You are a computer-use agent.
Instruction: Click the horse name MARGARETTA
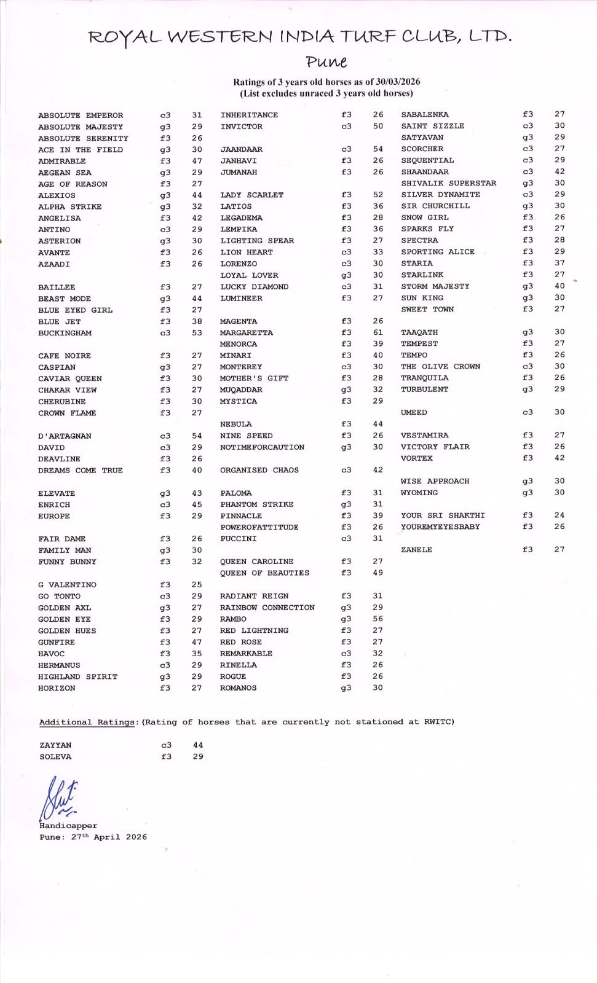[246, 332]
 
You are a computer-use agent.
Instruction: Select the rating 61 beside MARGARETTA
[378, 332]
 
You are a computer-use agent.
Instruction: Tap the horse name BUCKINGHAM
[65, 333]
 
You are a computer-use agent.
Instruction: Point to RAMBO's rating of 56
[378, 619]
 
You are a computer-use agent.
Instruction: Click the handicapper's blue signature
[59, 799]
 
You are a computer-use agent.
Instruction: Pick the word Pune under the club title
[326, 62]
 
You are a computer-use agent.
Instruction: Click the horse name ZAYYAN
[55, 745]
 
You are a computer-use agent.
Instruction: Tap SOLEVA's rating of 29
[198, 756]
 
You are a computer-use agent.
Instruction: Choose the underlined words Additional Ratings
[87, 722]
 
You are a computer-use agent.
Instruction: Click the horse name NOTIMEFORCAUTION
[262, 447]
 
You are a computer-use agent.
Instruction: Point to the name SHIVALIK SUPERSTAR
[448, 183]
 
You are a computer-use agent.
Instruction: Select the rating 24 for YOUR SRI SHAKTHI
[559, 515]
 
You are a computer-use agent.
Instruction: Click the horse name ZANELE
[416, 550]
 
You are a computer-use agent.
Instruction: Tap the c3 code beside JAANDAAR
[346, 149]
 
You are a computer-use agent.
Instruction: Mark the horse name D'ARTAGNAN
[65, 436]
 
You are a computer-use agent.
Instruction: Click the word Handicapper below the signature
[68, 826]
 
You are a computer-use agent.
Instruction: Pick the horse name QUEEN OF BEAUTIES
[264, 573]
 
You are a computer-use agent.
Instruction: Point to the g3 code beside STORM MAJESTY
[528, 286]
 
